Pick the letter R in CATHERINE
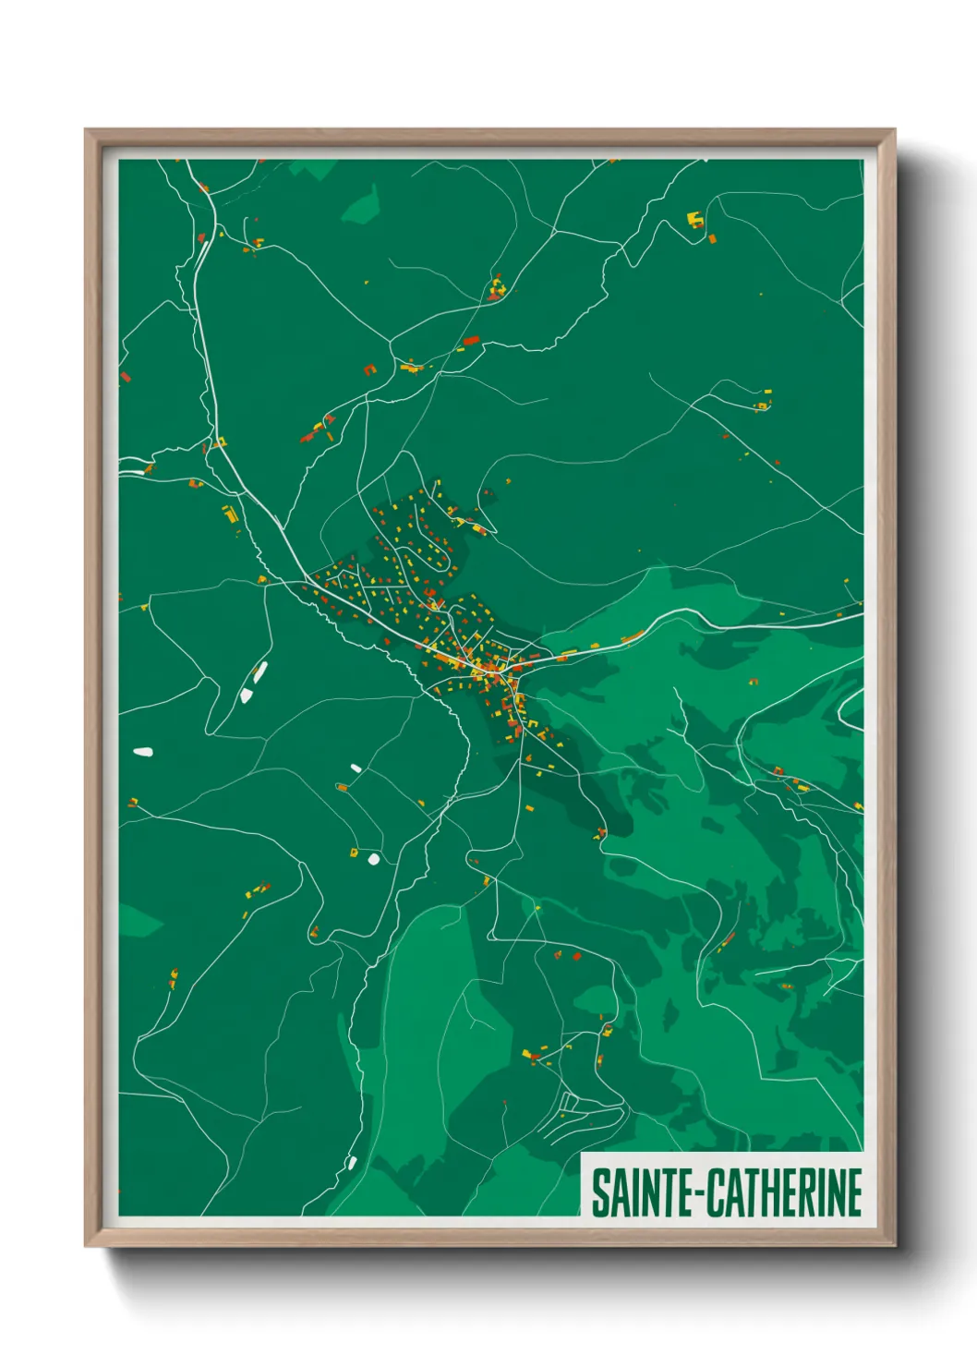coord(812,1192)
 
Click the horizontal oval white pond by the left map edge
coord(142,752)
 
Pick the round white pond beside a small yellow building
coord(373,859)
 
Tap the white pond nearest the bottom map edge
coord(351,1162)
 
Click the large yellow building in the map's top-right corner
coord(695,220)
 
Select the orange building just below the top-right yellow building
coord(713,239)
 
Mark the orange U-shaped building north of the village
coord(370,369)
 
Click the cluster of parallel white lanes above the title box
coord(577,1118)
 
